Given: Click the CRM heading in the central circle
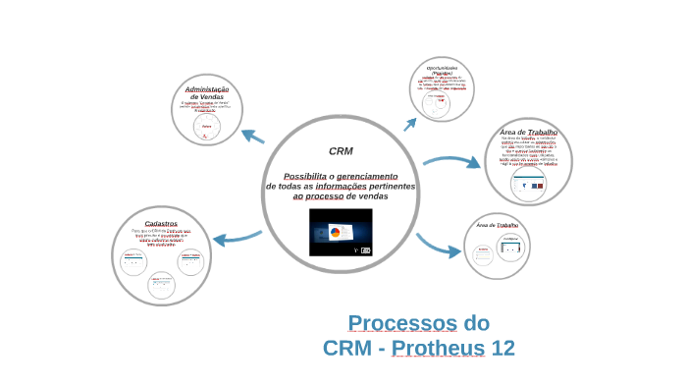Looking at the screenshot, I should [341, 151].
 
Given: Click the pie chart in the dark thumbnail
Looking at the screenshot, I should [334, 233].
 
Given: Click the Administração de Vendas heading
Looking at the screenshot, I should [207, 93].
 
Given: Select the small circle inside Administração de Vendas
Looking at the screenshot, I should [207, 126].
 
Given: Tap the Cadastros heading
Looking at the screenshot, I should [160, 223].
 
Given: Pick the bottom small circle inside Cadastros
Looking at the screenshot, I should [161, 285].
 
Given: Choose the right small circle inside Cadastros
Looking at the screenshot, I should [190, 261].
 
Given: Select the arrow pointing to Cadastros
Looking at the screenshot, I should [237, 237].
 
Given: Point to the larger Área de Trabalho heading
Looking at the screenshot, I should [528, 132].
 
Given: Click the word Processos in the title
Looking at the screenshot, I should [403, 322].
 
